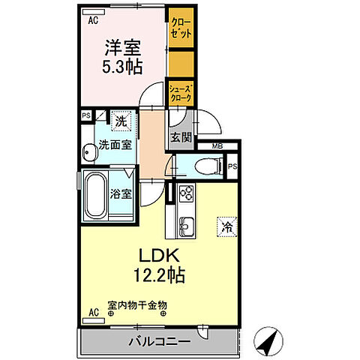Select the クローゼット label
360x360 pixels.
[180, 28]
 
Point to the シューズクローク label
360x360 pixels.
[180, 93]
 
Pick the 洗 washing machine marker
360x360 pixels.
[120, 119]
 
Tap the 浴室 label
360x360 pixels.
[121, 192]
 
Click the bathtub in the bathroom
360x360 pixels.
[95, 193]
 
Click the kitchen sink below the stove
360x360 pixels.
[186, 223]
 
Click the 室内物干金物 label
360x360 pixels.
[137, 305]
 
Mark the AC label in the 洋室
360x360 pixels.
[93, 22]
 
